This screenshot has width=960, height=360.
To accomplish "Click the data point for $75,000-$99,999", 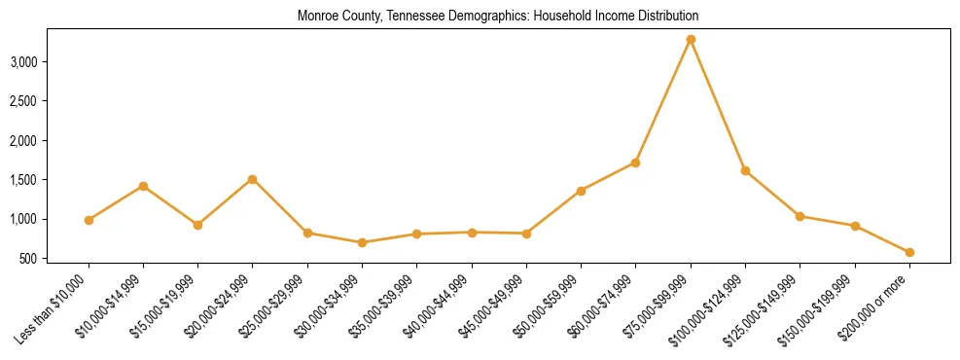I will coord(691,39).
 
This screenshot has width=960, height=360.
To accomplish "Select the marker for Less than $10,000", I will coord(89,220).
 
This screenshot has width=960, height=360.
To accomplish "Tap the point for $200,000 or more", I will coord(909,252).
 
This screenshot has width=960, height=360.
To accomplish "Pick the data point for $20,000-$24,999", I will coord(253,179).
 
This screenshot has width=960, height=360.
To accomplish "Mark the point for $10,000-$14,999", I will coord(143,186).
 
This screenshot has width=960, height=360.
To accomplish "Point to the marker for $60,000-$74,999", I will coord(635,162).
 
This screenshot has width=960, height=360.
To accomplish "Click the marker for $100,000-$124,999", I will coord(745,170).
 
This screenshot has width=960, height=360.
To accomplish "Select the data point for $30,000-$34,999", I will coord(362,242).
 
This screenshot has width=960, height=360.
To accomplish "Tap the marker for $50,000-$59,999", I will coord(581,191).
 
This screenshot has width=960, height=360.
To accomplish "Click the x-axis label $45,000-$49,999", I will coord(493,304).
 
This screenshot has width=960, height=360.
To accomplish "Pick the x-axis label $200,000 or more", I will coord(875,306).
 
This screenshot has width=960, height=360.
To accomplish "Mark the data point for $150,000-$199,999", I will coord(855,226).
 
